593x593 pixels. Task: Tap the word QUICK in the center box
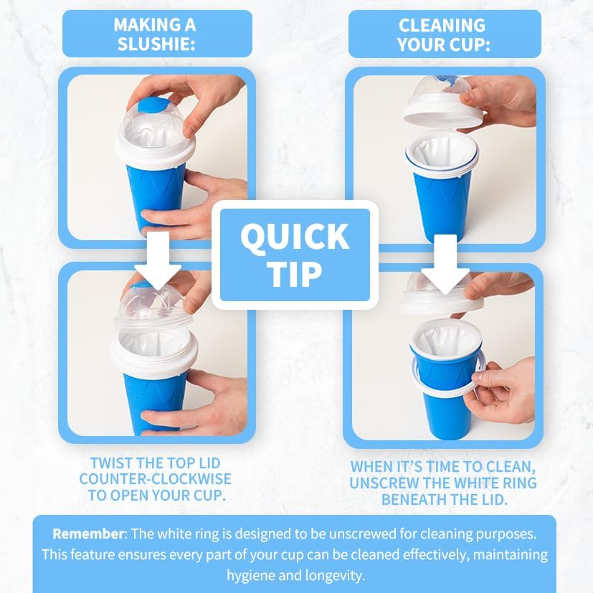click(x=294, y=237)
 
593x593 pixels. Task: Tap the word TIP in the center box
click(x=294, y=272)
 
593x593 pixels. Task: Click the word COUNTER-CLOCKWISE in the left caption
click(x=156, y=478)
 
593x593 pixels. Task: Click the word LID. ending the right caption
click(x=490, y=500)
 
